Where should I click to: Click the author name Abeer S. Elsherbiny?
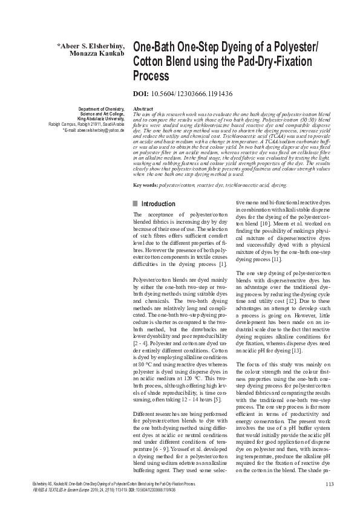click(91, 45)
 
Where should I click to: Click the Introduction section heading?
click(159, 204)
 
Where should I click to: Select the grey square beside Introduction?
click(136, 204)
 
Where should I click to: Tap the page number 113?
click(329, 484)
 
